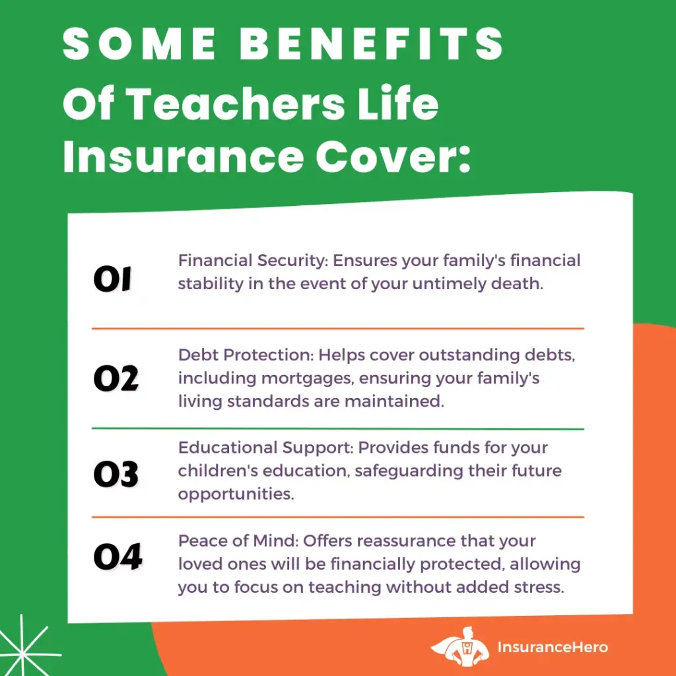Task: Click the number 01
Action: pyautogui.click(x=112, y=279)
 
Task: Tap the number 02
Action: pyautogui.click(x=116, y=378)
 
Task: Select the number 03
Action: pyautogui.click(x=116, y=474)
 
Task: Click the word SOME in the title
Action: pyautogui.click(x=139, y=44)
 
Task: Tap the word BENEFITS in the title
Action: pyautogui.click(x=372, y=44)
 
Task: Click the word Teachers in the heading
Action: pyautogui.click(x=237, y=104)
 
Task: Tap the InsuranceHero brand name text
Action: pyautogui.click(x=553, y=647)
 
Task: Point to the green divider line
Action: pyautogui.click(x=338, y=429)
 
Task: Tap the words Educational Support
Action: pyautogui.click(x=265, y=448)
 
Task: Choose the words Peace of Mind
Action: pyautogui.click(x=238, y=541)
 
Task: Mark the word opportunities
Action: pyautogui.click(x=236, y=494)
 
